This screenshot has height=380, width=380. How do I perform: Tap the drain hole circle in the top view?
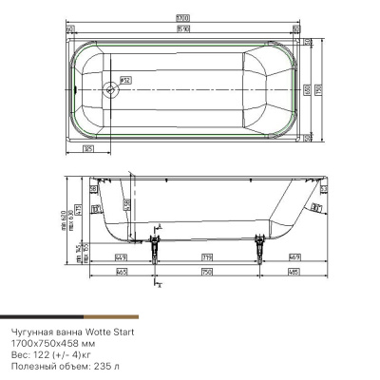[111, 91]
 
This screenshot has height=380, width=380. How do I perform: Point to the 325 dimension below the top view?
[87, 149]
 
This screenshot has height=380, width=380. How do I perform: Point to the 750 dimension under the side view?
[207, 273]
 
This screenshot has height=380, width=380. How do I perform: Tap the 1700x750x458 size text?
[35, 342]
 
